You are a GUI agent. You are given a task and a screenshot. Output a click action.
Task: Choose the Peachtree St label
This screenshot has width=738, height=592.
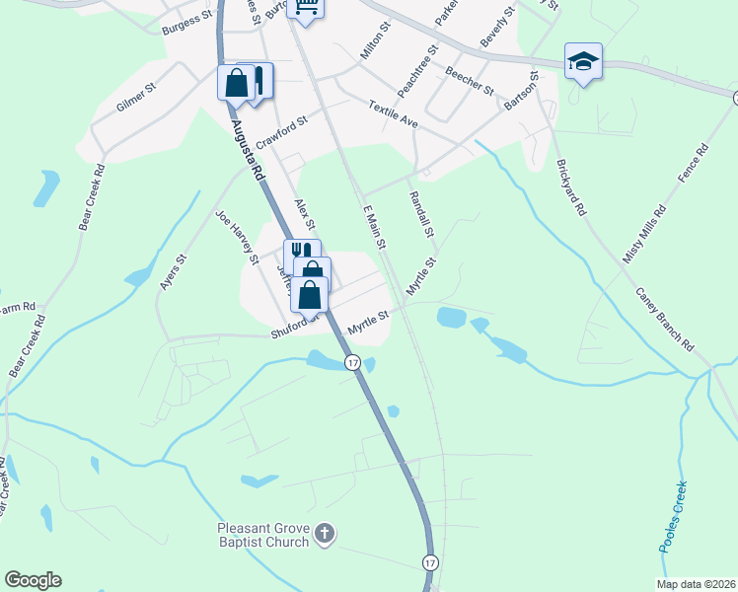click(x=418, y=69)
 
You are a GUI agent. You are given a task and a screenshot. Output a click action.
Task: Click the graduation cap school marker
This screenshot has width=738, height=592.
click(x=583, y=61)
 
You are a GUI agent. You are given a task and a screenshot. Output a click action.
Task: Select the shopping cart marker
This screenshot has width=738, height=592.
click(x=307, y=9)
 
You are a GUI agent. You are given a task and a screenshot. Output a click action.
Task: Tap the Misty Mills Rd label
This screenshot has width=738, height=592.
click(x=644, y=235)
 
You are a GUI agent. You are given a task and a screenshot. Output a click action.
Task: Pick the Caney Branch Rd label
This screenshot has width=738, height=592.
click(x=665, y=321)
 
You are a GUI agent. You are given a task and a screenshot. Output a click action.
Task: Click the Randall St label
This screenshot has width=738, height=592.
click(x=421, y=214)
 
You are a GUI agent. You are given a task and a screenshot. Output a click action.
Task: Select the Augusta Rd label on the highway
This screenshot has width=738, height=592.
click(x=248, y=149)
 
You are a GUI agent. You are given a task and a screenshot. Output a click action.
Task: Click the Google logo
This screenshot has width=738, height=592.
click(x=33, y=580)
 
